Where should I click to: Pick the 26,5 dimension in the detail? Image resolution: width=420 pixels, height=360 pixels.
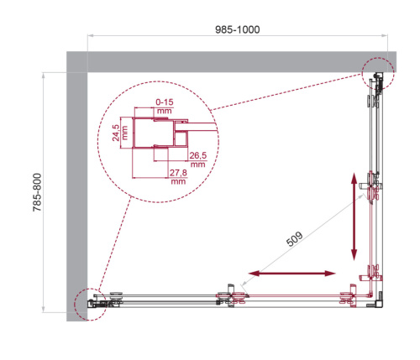198,156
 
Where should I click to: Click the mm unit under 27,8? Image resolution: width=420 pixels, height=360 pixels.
177,181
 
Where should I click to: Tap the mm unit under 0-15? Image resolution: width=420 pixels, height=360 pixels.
163,111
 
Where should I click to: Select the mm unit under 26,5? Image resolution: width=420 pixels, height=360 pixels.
198,165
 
